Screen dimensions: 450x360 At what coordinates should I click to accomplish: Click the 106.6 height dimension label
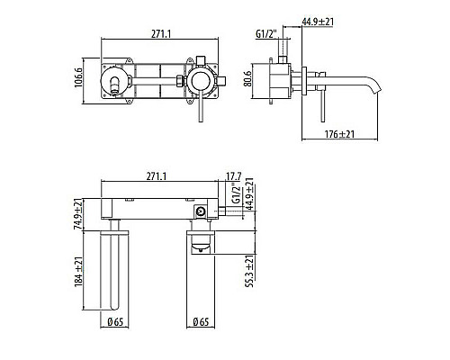(x=78, y=77)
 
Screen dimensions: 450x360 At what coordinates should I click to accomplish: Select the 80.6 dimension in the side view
(x=247, y=78)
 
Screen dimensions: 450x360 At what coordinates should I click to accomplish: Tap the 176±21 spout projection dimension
(x=339, y=134)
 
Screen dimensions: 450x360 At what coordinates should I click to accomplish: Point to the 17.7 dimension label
(x=234, y=176)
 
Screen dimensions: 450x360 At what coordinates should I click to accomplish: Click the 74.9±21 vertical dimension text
(x=78, y=214)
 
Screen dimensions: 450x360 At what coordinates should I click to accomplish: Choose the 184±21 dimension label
(x=78, y=272)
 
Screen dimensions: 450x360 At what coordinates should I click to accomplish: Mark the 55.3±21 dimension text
(x=249, y=272)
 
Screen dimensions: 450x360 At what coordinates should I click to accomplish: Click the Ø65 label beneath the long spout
(x=115, y=322)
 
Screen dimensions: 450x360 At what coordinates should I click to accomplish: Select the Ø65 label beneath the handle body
(x=201, y=322)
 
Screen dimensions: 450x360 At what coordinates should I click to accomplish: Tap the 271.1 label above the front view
(x=161, y=34)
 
